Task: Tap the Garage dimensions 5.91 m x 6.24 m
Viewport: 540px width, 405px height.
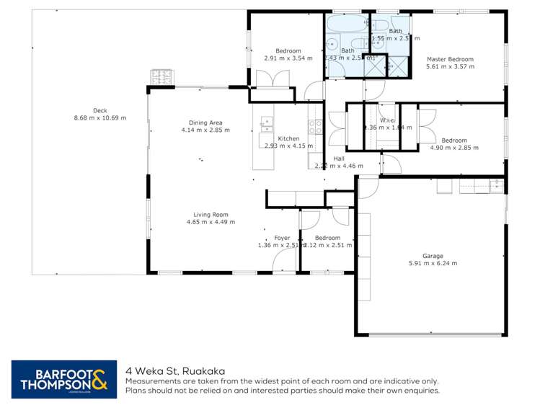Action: tap(433, 264)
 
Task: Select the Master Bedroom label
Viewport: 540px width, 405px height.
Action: tap(450, 59)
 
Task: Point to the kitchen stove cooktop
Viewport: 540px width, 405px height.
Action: tap(315, 127)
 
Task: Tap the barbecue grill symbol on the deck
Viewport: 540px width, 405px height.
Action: tap(158, 76)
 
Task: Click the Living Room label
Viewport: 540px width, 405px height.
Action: tap(211, 214)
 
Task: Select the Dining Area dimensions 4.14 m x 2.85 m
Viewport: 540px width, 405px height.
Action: tap(205, 130)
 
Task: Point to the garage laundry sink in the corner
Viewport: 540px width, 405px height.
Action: tap(496, 187)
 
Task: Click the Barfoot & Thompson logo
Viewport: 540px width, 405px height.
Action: tap(63, 379)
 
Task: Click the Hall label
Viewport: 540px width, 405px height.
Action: tap(339, 158)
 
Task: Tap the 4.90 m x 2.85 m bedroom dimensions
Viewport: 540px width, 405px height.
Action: tap(453, 148)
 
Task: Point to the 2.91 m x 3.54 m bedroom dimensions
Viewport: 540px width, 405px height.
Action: tap(288, 58)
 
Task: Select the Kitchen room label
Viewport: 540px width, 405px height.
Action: tap(288, 138)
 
